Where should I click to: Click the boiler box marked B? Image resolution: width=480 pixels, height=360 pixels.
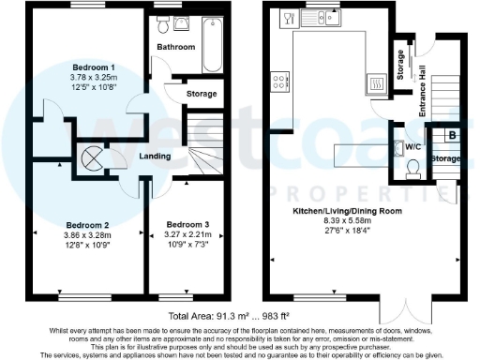click(453, 134)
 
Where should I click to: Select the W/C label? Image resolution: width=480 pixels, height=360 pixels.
click(412, 147)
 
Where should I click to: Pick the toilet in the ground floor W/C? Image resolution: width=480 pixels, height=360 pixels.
click(412, 169)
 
